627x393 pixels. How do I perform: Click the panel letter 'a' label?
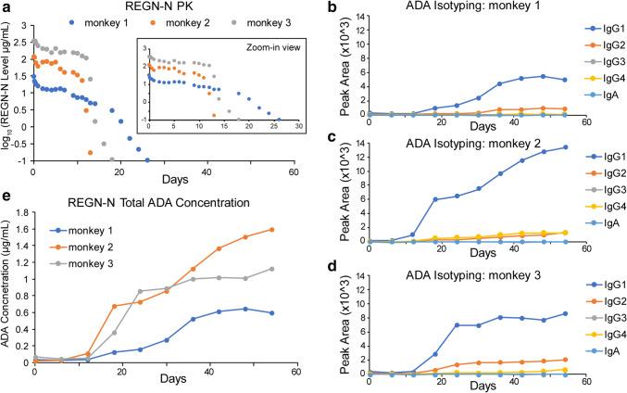6,8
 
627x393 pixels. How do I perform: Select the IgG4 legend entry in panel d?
582,336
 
